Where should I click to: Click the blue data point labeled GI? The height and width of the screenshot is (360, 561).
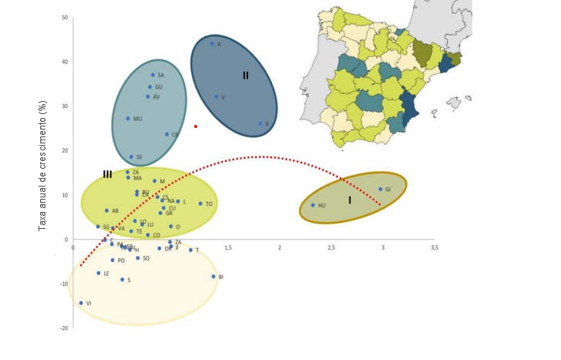tap(380, 189)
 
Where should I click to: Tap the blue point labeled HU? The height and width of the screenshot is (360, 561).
tap(313, 205)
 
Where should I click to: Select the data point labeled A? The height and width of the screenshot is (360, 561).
tap(213, 43)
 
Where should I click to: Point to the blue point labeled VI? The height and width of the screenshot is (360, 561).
tap(81, 303)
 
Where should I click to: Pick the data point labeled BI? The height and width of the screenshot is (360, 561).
tap(213, 276)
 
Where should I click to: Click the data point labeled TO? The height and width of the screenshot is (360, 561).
tap(200, 204)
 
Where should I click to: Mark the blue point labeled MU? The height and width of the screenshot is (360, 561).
tap(128, 119)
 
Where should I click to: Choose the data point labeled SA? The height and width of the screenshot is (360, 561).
tap(153, 75)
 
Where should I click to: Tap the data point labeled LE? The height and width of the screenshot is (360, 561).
tap(99, 273)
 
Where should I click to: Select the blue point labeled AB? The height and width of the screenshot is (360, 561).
tap(106, 210)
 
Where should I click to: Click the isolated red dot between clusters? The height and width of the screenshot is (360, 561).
tap(196, 126)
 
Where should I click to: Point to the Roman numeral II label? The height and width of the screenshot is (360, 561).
tap(245, 76)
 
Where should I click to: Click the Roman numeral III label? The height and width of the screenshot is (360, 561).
tap(108, 174)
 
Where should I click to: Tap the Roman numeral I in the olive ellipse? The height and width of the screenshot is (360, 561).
tap(349, 200)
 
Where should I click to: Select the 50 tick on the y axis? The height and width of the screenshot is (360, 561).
tap(65, 18)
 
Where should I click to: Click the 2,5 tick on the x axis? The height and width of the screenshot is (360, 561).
tap(331, 248)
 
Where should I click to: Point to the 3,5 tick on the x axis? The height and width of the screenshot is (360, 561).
tap(435, 248)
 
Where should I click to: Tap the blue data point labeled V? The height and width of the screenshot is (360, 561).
tap(216, 97)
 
